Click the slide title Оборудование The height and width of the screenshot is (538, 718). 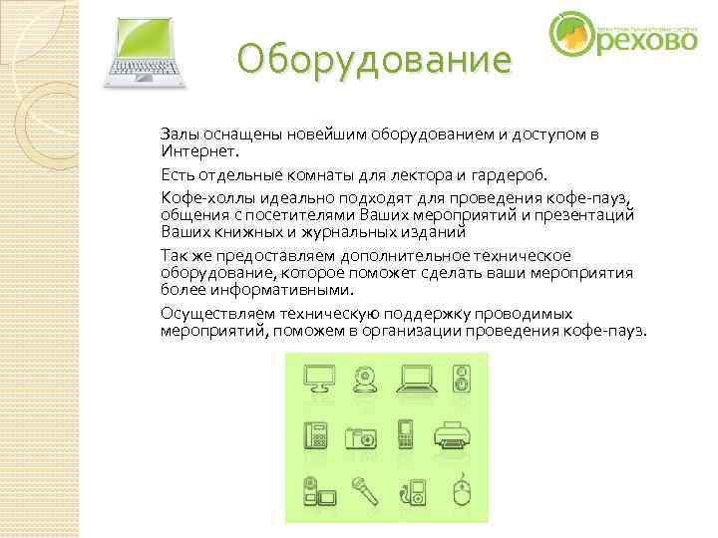pos(374,63)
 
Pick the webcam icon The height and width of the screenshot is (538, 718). pos(364,380)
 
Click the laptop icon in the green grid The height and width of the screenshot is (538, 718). pos(415,380)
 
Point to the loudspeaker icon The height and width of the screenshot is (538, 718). pos(461,380)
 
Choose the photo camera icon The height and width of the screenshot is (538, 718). pos(360,437)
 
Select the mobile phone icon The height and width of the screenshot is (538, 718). pos(406,435)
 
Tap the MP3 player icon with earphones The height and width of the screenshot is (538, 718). pos(412,491)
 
